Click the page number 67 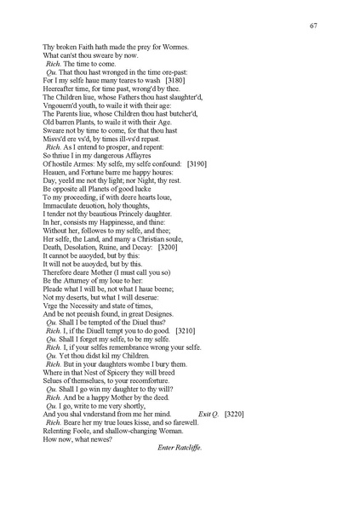pos(314,26)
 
